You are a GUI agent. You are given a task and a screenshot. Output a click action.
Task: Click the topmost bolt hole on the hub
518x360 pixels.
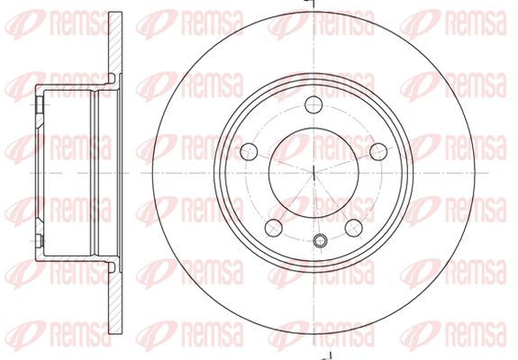[314, 104]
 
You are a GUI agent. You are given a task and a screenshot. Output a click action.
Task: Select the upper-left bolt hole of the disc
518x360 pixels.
[249, 152]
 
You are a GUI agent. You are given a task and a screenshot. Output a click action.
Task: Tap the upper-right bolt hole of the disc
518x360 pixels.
[378, 152]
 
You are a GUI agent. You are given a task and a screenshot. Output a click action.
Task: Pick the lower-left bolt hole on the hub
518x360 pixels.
[274, 228]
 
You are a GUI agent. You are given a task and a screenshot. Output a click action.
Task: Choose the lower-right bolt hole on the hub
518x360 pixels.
[353, 228]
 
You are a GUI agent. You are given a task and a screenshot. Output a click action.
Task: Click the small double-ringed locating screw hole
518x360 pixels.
[320, 240]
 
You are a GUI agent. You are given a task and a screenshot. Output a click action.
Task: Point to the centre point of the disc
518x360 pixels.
[314, 173]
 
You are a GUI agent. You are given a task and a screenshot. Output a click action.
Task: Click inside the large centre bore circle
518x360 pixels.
[314, 173]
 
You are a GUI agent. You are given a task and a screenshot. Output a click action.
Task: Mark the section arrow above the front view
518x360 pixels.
[310, 3]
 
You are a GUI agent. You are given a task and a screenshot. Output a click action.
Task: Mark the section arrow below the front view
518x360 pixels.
[326, 355]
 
